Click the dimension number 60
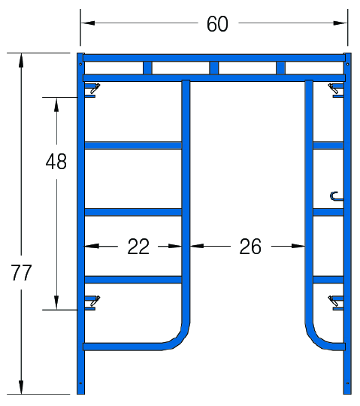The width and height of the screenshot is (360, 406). (x=217, y=24)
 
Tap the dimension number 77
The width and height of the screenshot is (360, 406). (x=21, y=273)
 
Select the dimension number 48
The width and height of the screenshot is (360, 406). (x=56, y=162)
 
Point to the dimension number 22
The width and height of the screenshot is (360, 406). (x=138, y=247)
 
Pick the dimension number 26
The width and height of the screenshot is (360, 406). (x=250, y=247)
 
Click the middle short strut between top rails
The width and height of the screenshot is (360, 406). (x=214, y=68)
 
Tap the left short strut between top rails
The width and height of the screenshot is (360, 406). (x=148, y=68)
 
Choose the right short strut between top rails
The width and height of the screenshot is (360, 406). (x=281, y=68)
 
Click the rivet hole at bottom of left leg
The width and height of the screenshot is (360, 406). (x=80, y=383)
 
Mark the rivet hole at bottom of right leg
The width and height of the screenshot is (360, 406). (x=347, y=383)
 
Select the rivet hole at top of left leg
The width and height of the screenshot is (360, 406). (x=80, y=64)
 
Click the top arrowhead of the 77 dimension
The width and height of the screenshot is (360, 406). (x=21, y=60)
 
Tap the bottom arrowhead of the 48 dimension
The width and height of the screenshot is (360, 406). (x=56, y=302)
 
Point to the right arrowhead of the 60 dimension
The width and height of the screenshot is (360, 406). (x=340, y=23)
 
